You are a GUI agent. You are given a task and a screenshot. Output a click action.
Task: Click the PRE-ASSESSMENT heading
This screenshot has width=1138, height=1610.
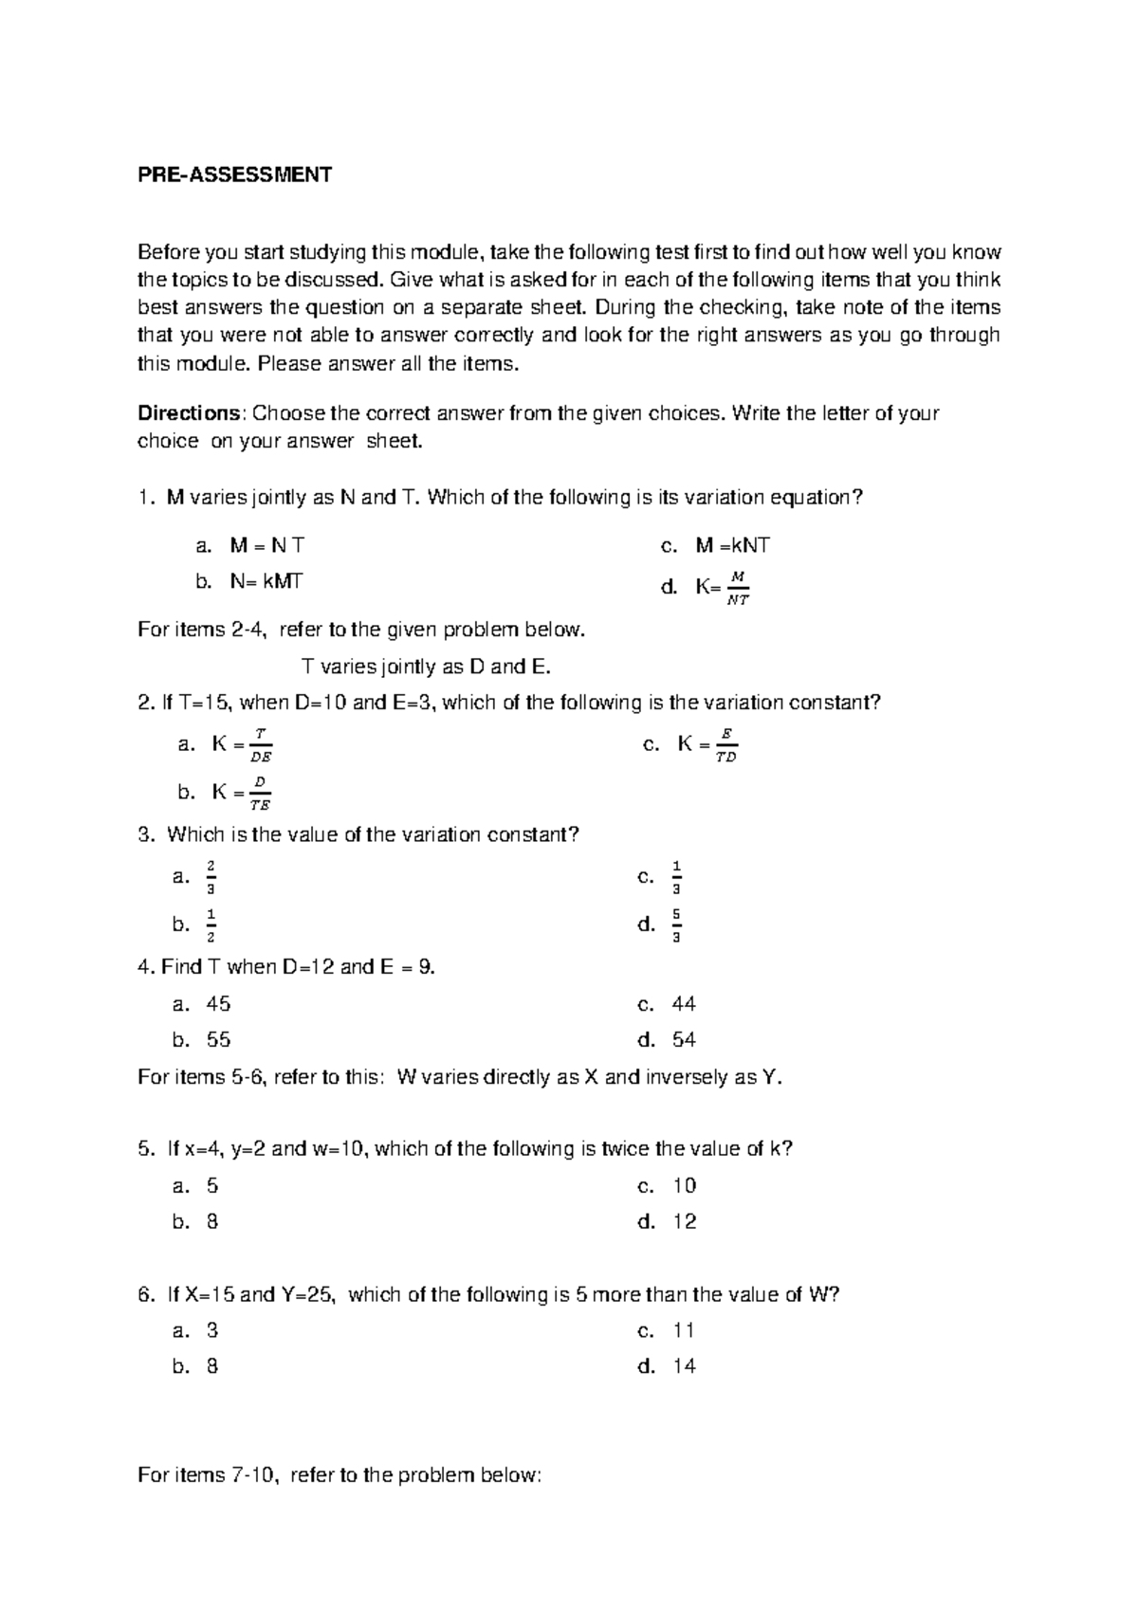(x=234, y=174)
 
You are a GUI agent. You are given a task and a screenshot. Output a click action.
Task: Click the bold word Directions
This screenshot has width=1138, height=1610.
(x=191, y=413)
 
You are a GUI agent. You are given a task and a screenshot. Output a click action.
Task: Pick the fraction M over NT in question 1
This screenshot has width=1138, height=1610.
(x=737, y=588)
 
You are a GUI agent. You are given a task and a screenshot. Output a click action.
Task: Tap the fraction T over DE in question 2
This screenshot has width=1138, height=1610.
(x=261, y=745)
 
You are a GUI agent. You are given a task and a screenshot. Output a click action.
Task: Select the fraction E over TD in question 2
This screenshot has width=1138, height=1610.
(x=726, y=745)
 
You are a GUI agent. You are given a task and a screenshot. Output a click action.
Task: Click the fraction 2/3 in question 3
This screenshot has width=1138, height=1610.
(x=211, y=877)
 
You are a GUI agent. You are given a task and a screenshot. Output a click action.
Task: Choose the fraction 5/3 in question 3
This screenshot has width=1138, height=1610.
(x=676, y=924)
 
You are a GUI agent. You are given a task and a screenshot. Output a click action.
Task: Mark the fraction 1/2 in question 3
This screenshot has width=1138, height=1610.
(x=211, y=924)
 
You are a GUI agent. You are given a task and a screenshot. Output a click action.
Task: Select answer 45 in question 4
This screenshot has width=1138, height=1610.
(x=218, y=1004)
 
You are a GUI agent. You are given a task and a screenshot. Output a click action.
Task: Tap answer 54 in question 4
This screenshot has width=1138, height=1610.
(x=684, y=1040)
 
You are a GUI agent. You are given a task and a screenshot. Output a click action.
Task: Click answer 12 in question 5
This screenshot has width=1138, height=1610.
(x=684, y=1222)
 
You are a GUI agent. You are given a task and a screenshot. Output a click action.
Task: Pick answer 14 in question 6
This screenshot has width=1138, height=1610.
(x=684, y=1366)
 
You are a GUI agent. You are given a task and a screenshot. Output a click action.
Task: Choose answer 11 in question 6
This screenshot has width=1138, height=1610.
(x=684, y=1330)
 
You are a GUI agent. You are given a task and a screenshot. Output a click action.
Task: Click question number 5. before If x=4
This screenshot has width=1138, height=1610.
(x=145, y=1149)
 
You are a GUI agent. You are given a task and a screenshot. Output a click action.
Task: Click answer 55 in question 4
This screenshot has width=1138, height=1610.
(x=218, y=1040)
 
